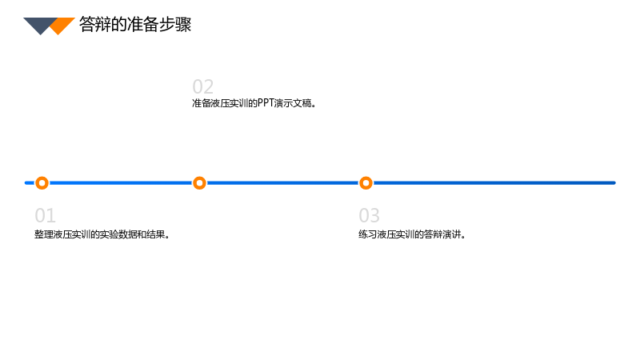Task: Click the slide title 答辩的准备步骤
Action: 135,25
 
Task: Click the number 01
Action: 45,215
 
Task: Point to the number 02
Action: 203,87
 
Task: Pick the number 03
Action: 369,215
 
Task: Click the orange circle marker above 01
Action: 42,183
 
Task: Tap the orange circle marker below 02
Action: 199,183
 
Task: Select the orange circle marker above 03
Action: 366,183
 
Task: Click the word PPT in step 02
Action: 266,103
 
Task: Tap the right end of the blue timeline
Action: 614,183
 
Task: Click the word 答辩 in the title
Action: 94,25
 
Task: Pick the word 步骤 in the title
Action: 175,25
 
